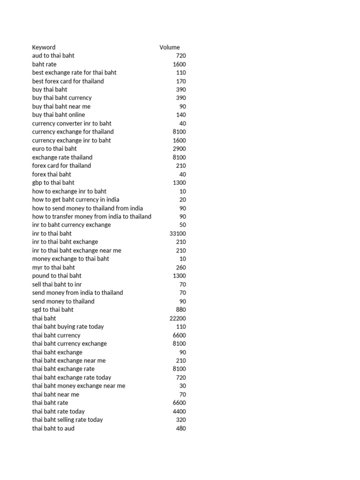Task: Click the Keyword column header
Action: click(44, 47)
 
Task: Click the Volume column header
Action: click(169, 47)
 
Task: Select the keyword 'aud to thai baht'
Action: click(53, 56)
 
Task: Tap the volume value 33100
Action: click(177, 233)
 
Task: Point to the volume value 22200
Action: click(177, 318)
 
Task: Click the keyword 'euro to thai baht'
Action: click(54, 149)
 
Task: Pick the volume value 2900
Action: click(179, 149)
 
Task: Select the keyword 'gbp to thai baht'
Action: click(53, 183)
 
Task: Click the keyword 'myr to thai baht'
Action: click(53, 268)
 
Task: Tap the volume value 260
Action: click(180, 268)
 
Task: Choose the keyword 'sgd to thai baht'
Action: click(52, 310)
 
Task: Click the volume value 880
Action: click(180, 310)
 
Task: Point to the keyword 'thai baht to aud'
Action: click(53, 428)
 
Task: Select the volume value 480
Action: click(180, 428)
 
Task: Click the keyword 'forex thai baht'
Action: click(52, 174)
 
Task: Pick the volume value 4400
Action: click(179, 412)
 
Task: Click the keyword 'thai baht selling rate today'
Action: click(67, 420)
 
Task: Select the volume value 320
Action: click(180, 420)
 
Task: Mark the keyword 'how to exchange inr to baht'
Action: click(69, 191)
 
